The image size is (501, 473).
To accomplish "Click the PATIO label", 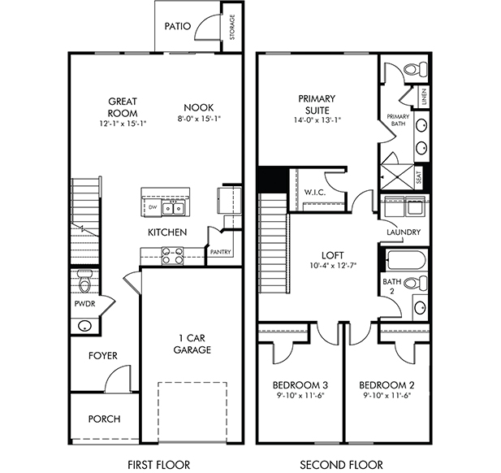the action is pos(178,26).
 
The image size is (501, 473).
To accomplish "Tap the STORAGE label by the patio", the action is pos(232,27).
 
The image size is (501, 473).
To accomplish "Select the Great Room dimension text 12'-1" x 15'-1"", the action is pos(123,124).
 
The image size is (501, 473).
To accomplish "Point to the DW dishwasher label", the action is pos(153,207).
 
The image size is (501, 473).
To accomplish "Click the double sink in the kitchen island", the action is pos(173,209).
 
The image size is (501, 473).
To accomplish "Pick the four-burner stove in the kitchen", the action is pos(172,256).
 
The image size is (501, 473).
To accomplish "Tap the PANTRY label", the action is pos(221,252).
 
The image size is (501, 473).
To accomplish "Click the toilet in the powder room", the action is pos(85,281).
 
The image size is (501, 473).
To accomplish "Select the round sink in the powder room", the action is pos(84,326).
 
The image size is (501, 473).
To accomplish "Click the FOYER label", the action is pos(103,356).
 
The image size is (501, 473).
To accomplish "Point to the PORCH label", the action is pos(104,419).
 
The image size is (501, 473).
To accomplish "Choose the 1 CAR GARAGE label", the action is pos(192,344).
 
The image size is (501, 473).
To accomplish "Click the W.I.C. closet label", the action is pos(315,193).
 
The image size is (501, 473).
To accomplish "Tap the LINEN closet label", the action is pos(424,97).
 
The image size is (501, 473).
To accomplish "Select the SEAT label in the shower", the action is pos(419,177).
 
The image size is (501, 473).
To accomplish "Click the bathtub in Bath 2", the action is pos(406,260).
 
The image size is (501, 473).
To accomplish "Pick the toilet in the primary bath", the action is pos(416,69).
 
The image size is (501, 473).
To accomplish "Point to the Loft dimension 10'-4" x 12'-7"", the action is pos(333,266).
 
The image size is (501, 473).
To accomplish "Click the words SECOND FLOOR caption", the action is pos(341,464).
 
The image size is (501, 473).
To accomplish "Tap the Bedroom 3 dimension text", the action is pos(300,396).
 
